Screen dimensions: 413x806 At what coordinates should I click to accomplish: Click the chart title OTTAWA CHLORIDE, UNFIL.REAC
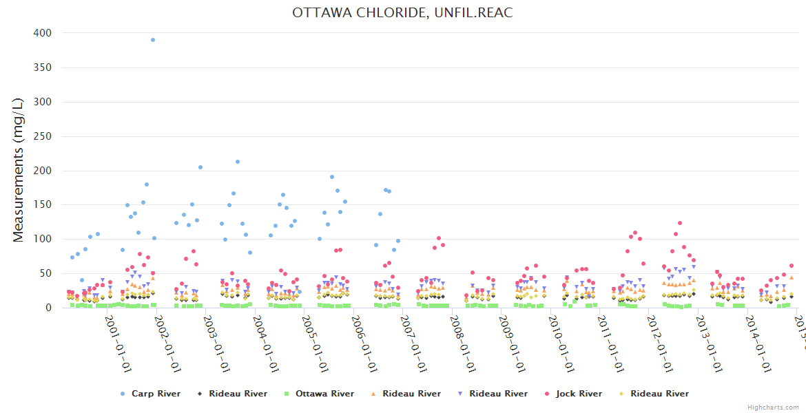click(x=402, y=12)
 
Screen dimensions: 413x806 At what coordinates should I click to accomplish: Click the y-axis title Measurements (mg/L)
click(x=19, y=169)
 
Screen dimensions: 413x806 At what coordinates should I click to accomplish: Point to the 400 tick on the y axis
click(x=43, y=33)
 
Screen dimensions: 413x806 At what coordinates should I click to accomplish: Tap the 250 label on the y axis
click(x=43, y=136)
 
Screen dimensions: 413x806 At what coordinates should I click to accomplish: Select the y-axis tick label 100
click(x=43, y=240)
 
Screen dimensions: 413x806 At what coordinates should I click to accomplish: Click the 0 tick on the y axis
click(x=48, y=308)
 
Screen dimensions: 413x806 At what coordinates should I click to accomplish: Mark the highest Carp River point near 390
click(x=153, y=40)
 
